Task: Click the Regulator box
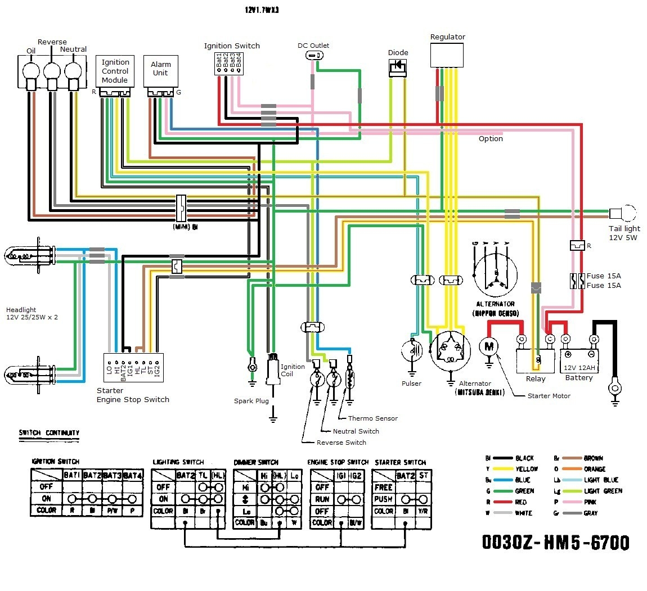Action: [x=447, y=55]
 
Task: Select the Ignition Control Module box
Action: [x=115, y=72]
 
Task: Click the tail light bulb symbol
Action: [x=622, y=214]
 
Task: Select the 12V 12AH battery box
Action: [x=579, y=360]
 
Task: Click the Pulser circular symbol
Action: [x=412, y=351]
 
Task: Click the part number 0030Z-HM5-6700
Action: [x=555, y=542]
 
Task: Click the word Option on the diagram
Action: [x=491, y=139]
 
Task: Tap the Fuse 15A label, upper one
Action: [x=604, y=276]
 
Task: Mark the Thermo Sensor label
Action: [x=372, y=418]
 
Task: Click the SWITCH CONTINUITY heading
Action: [x=49, y=433]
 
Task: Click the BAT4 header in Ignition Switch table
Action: [x=133, y=475]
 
